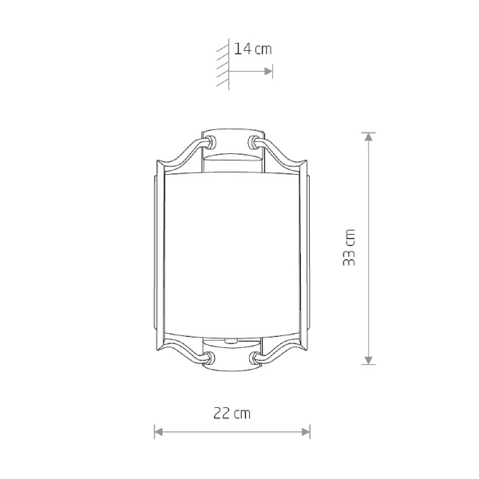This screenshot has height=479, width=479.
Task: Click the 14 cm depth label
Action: (x=252, y=49)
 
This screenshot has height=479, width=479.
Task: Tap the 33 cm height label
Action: (x=349, y=247)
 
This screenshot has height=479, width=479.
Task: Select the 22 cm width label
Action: (x=232, y=414)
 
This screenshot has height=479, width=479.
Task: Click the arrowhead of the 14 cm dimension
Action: (x=268, y=72)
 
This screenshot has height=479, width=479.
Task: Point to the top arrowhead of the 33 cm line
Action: (x=368, y=137)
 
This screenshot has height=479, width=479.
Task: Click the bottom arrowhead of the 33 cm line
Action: (x=368, y=360)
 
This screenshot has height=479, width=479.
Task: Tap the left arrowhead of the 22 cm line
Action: (x=159, y=432)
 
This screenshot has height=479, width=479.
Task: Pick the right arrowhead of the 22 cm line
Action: (x=306, y=432)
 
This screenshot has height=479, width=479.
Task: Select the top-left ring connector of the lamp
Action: (x=210, y=142)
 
